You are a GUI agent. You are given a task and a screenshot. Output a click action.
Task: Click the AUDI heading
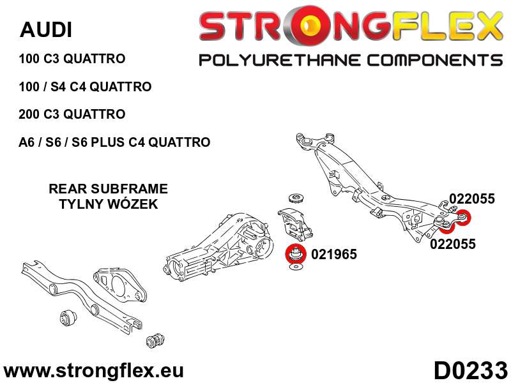tap(45, 30)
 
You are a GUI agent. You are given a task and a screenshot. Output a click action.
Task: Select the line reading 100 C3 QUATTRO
tap(72, 59)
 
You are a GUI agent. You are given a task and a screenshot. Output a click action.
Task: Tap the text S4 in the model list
tap(58, 87)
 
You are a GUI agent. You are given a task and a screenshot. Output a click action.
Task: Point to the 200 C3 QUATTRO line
tap(72, 114)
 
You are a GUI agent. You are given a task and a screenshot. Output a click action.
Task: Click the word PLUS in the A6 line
tap(107, 142)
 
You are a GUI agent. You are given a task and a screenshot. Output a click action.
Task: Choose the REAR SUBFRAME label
tap(108, 189)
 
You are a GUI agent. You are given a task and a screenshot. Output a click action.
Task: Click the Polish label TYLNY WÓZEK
tap(108, 204)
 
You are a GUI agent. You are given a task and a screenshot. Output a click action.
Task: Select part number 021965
tap(333, 254)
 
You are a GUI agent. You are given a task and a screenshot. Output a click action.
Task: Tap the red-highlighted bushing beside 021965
tap(296, 254)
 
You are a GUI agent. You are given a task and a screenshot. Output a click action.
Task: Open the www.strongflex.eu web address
tap(93, 371)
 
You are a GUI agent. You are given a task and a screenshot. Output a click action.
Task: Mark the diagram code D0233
tap(471, 371)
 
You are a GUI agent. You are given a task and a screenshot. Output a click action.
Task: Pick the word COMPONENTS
tap(435, 61)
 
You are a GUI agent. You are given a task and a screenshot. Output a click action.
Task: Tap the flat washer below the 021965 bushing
tap(296, 267)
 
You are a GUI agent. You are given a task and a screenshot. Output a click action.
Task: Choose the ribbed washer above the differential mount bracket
tap(296, 199)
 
